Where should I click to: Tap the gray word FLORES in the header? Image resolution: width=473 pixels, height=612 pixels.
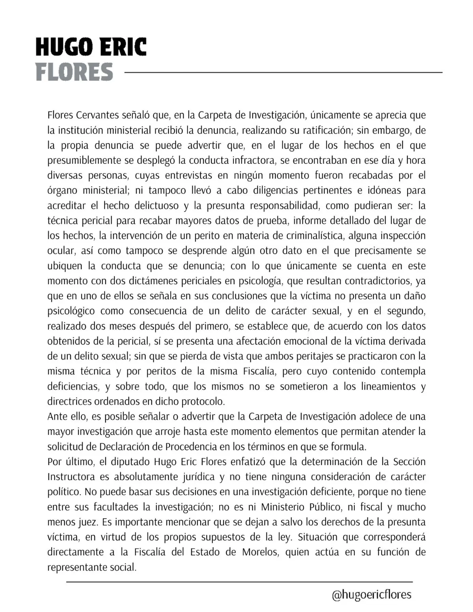74,72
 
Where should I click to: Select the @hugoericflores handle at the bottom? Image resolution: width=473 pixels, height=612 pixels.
371,595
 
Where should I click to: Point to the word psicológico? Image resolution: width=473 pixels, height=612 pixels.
71,311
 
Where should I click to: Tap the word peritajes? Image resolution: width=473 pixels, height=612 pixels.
307,356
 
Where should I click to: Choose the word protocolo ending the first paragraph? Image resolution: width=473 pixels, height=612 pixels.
203,402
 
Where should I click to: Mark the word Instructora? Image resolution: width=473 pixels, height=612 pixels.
71,477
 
